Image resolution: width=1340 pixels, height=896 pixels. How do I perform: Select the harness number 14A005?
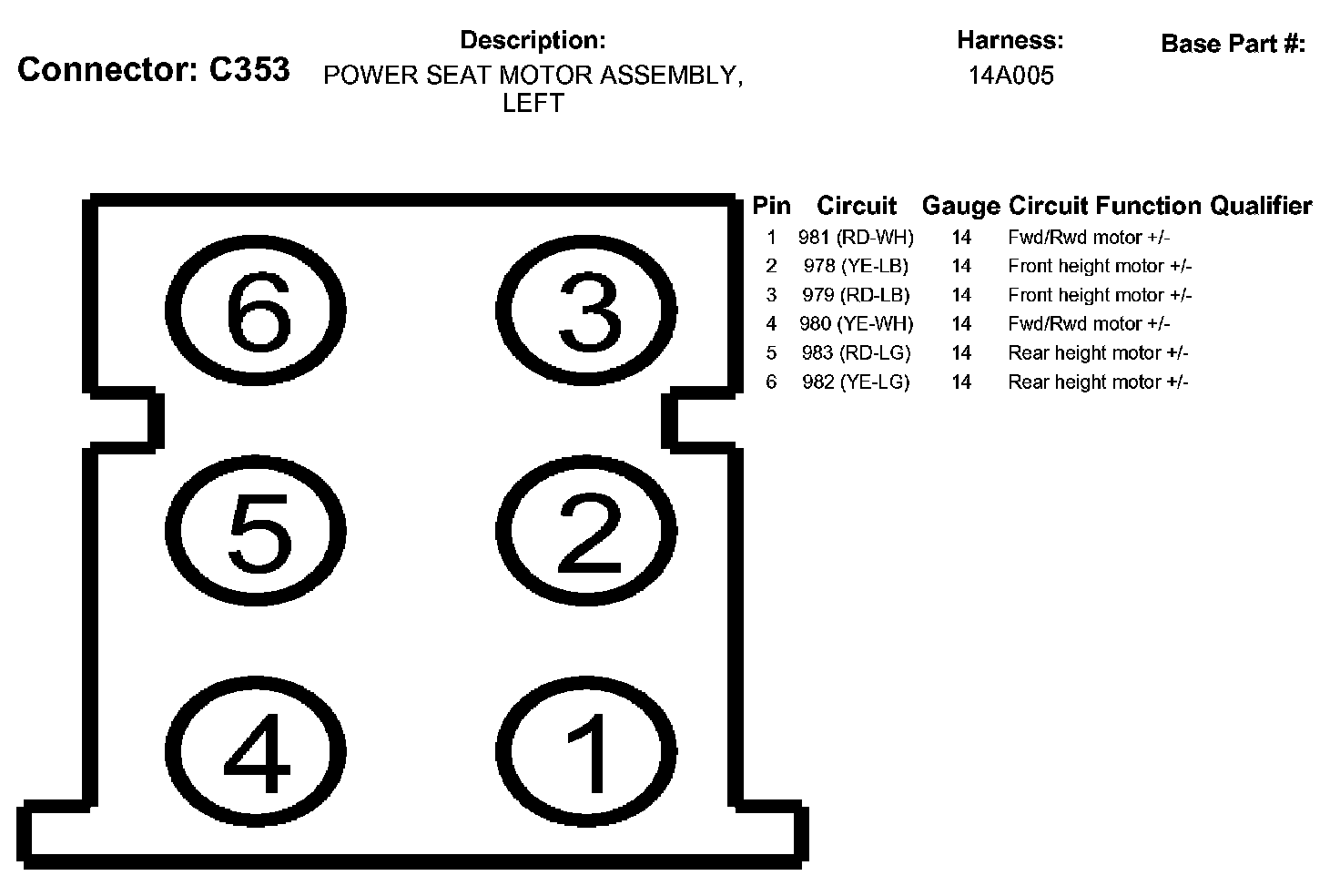click(x=1010, y=76)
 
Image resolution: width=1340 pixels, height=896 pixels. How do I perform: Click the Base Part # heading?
click(x=1233, y=43)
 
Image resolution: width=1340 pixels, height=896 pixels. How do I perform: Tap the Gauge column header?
click(x=960, y=207)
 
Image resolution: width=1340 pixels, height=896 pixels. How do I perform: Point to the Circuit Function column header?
click(x=1105, y=207)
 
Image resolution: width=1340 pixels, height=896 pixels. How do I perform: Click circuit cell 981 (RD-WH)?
click(x=856, y=238)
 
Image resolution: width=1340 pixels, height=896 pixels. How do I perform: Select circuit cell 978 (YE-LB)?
click(x=856, y=266)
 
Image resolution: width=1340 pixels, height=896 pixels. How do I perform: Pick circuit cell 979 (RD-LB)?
click(x=856, y=295)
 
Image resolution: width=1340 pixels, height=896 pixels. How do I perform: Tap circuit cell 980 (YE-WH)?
click(x=856, y=324)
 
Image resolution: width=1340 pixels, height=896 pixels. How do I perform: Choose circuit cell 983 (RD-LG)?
click(x=856, y=353)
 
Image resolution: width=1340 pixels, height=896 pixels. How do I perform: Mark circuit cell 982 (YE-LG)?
click(x=856, y=382)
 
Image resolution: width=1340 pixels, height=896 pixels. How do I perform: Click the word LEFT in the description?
click(x=533, y=103)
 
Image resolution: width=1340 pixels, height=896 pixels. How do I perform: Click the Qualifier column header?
click(x=1261, y=207)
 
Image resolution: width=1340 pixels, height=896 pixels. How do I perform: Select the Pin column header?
click(x=771, y=207)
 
